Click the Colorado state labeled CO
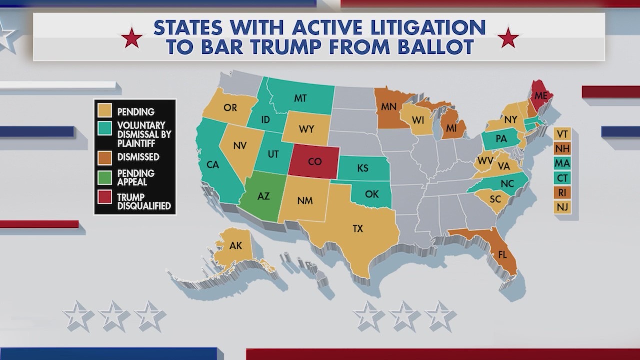pos(314,161)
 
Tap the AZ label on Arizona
pos(263,196)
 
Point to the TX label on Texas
pos(358,229)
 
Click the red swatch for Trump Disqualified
pos(105,197)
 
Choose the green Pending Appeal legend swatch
pos(105,176)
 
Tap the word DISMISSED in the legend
pos(138,157)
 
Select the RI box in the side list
pos(562,192)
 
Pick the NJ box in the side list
pos(562,207)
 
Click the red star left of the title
pos(132,38)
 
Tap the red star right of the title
pos(509,38)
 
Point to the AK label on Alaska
pos(235,245)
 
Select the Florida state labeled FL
pos(502,254)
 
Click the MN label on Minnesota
pos(388,107)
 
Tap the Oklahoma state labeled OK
pos(371,194)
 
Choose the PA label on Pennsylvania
pos(501,139)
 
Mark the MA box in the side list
pos(562,163)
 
